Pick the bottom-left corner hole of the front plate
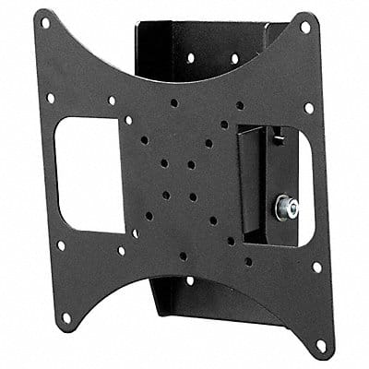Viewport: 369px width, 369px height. point(65,317)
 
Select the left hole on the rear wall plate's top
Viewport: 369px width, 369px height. point(190,57)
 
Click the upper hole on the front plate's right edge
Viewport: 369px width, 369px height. point(309,108)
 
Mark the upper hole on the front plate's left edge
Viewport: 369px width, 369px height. point(51,98)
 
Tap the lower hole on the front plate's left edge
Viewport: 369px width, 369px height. point(61,245)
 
